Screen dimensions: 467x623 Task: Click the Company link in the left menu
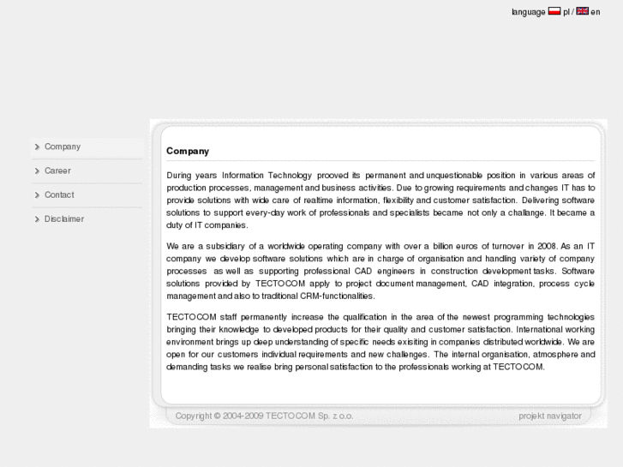[63, 147]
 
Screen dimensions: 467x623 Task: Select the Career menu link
[57, 171]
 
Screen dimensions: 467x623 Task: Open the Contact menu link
[59, 195]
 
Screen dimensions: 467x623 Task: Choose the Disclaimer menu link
[64, 219]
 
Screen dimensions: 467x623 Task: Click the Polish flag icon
[554, 11]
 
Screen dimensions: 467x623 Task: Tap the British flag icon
[583, 11]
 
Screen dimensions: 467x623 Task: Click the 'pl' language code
[566, 12]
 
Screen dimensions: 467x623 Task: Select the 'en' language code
[595, 12]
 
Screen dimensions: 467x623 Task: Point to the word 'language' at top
[528, 12]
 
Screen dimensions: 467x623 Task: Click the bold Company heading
[188, 151]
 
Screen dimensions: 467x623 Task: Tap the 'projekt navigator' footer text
[550, 416]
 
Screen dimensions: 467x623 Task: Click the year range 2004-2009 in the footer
[243, 416]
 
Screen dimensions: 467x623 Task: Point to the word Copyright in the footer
[194, 416]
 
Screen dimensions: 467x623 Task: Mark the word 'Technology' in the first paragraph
[291, 176]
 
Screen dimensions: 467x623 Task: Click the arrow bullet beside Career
[37, 171]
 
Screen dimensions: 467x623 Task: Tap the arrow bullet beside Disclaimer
[37, 219]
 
